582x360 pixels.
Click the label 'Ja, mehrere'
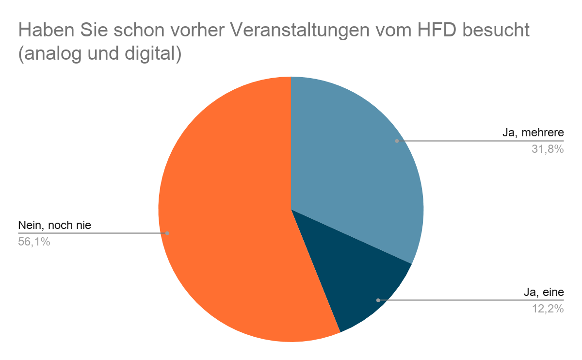[533, 133]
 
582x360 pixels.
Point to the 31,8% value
[548, 149]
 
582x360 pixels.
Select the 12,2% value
[548, 309]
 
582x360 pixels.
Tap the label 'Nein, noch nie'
[54, 225]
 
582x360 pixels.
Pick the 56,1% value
[34, 241]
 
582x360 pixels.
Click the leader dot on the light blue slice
[397, 141]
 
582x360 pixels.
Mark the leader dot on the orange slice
[167, 233]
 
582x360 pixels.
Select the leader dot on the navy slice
[378, 300]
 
